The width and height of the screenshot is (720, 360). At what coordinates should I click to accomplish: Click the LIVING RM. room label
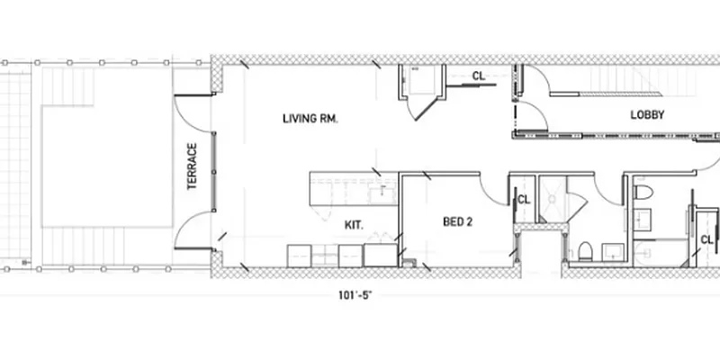310,119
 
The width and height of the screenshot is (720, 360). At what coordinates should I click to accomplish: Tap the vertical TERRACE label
192,166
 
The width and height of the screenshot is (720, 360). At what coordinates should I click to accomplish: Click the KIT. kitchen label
353,226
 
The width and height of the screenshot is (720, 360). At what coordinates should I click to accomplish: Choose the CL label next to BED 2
524,200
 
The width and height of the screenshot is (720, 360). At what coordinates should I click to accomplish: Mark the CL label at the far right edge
707,239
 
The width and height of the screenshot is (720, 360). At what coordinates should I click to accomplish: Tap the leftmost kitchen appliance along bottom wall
299,256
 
